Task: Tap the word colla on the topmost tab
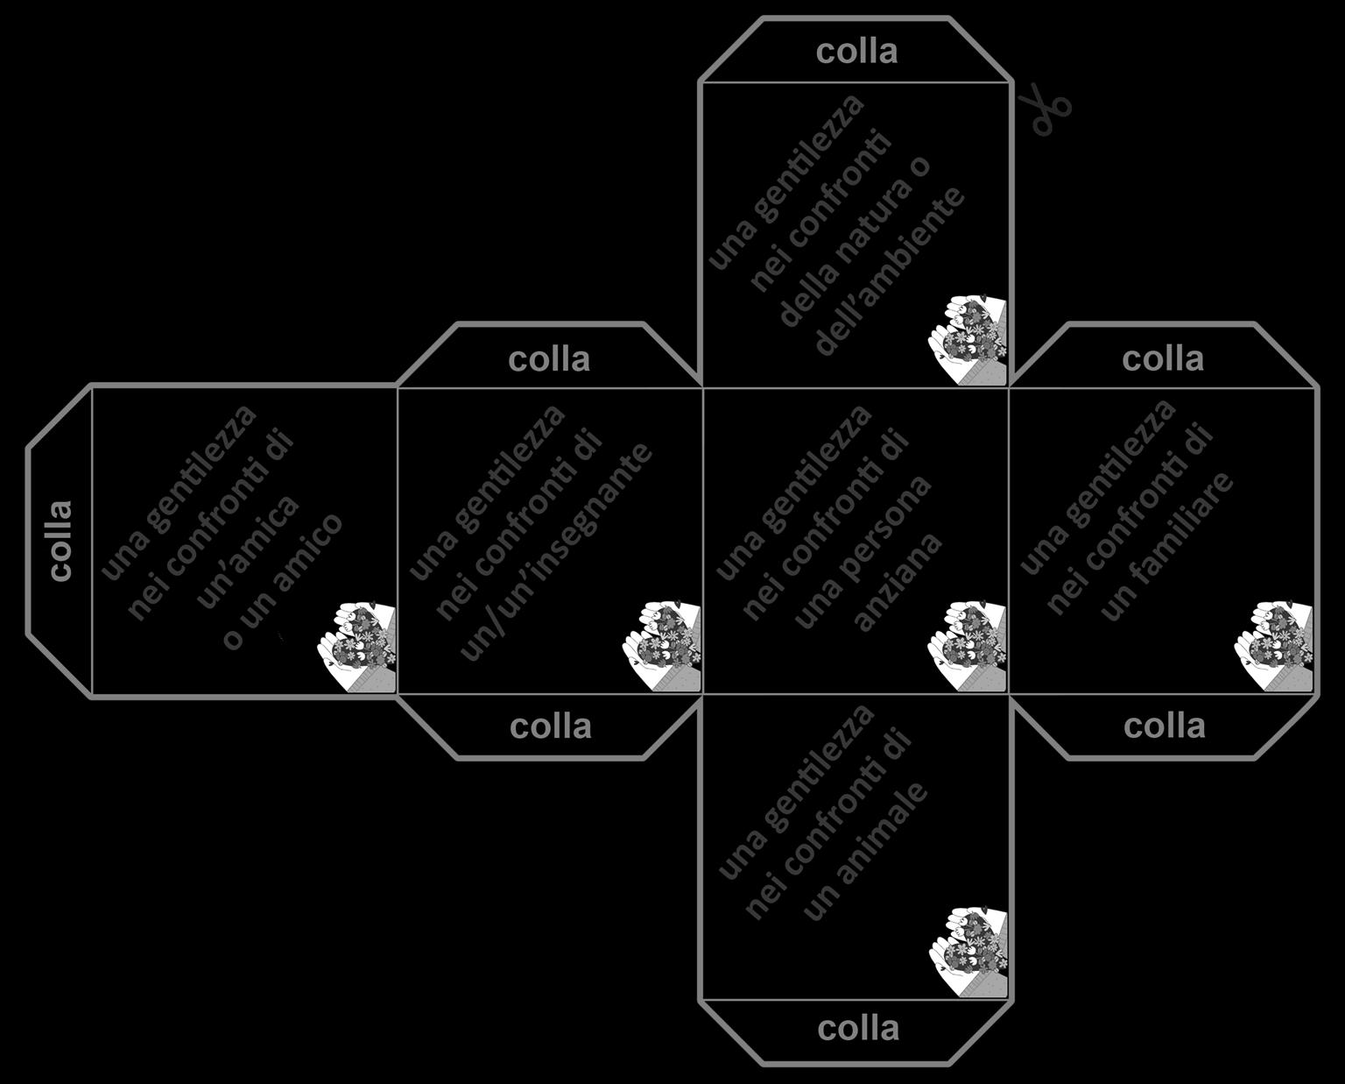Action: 856,51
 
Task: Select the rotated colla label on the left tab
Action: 60,540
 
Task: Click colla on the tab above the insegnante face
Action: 549,358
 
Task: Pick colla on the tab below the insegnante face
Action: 550,726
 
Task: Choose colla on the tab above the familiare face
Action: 1163,358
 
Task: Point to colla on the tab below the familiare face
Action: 1164,726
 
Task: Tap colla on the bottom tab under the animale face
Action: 858,1028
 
